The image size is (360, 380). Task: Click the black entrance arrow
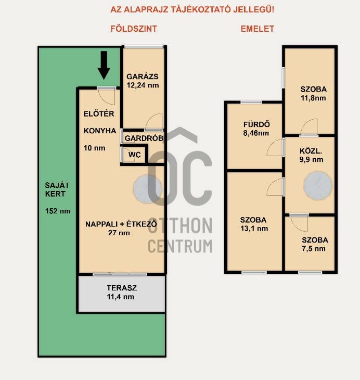click(x=104, y=65)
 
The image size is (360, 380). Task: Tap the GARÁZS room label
click(x=143, y=77)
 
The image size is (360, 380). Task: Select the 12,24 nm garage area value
click(x=143, y=85)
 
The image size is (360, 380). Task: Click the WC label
click(x=134, y=155)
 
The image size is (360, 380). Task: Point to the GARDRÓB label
click(x=144, y=138)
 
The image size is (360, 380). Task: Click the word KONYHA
click(x=100, y=131)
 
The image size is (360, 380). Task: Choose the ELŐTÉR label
click(x=99, y=113)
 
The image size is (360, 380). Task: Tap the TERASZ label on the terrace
click(x=122, y=288)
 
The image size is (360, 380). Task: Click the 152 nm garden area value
click(x=58, y=211)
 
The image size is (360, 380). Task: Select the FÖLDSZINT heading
click(x=134, y=29)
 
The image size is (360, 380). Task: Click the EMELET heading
click(x=258, y=29)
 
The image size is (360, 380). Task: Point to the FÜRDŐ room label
click(x=256, y=124)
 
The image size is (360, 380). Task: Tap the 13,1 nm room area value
click(x=254, y=229)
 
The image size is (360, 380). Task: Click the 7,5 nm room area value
click(x=314, y=248)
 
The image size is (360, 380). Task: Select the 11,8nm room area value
click(x=313, y=98)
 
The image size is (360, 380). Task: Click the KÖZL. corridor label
click(x=311, y=151)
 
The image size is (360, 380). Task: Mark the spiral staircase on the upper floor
click(x=318, y=185)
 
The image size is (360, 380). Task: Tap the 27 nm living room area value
click(x=119, y=233)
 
